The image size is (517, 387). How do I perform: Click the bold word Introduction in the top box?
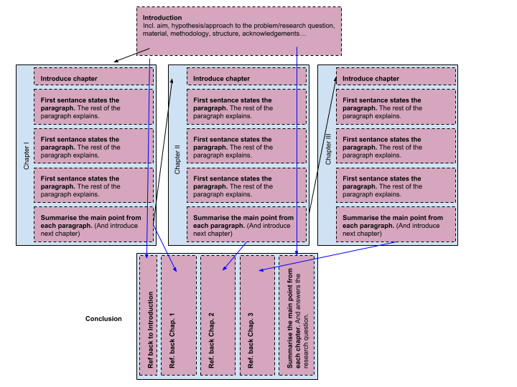(x=162, y=17)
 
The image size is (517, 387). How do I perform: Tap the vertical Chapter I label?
(x=27, y=156)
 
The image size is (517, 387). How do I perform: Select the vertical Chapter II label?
(x=178, y=158)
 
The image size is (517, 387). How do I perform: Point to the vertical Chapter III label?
(x=328, y=149)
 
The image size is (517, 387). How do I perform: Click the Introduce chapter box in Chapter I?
(x=93, y=77)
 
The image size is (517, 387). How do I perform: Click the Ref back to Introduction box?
(x=149, y=315)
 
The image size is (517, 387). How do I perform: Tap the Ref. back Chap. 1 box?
(x=179, y=315)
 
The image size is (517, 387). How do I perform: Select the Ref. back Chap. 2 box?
(x=218, y=315)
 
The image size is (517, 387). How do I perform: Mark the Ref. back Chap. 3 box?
(x=257, y=315)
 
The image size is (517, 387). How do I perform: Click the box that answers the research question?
(x=297, y=315)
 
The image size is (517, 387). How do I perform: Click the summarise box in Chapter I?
(x=93, y=225)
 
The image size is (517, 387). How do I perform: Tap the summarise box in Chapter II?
(x=246, y=225)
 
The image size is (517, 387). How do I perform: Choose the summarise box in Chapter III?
(x=396, y=225)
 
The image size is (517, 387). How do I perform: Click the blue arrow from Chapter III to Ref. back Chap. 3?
(x=327, y=256)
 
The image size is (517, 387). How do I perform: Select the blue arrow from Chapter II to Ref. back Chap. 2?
(x=234, y=256)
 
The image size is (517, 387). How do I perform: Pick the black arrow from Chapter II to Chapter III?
(x=325, y=122)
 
